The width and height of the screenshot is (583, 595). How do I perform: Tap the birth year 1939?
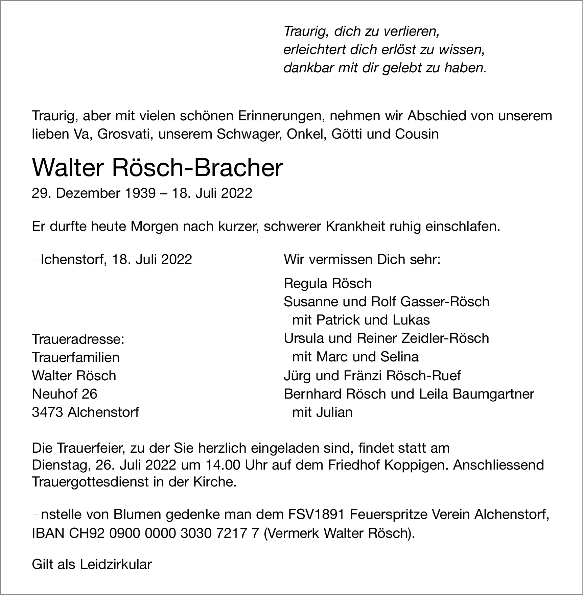point(140,193)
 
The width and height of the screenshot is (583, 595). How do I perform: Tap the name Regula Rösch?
point(327,283)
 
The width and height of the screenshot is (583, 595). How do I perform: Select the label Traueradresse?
point(78,339)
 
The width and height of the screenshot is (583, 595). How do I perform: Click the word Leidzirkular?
point(116,564)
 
